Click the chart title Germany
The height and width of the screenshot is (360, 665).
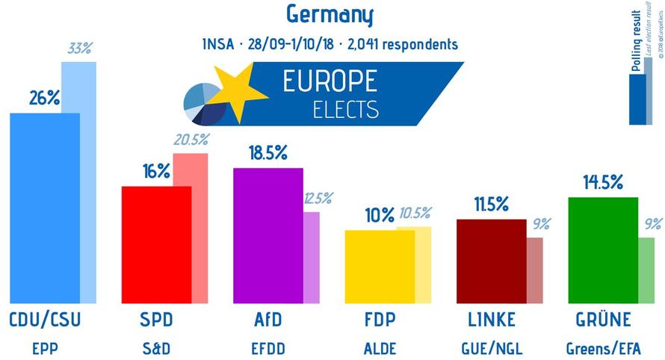(x=330, y=15)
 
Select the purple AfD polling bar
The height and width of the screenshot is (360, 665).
(x=268, y=235)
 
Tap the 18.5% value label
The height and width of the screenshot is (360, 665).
(x=268, y=154)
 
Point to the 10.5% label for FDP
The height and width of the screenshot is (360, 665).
(x=416, y=216)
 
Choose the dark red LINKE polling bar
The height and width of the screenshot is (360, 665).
(x=491, y=261)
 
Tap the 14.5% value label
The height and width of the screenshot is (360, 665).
(x=603, y=182)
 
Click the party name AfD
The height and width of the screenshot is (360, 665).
(x=268, y=320)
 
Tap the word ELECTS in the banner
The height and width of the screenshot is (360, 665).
(x=345, y=109)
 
